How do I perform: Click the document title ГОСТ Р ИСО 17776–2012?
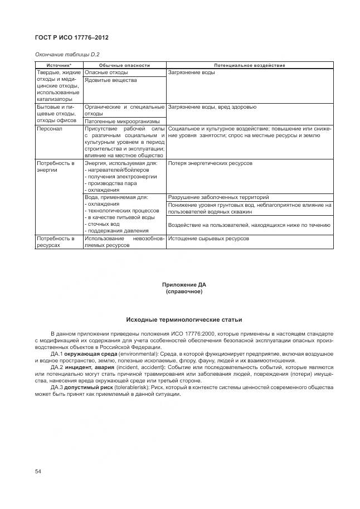point(71,37)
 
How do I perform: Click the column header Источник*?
point(59,66)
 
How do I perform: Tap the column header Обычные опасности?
point(125,66)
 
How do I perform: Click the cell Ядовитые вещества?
point(110,80)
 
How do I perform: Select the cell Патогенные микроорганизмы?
point(122,121)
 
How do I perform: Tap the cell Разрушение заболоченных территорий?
point(218,197)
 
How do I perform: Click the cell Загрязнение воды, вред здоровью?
point(212,106)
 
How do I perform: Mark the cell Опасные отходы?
point(106,72)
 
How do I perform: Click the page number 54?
point(38,472)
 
